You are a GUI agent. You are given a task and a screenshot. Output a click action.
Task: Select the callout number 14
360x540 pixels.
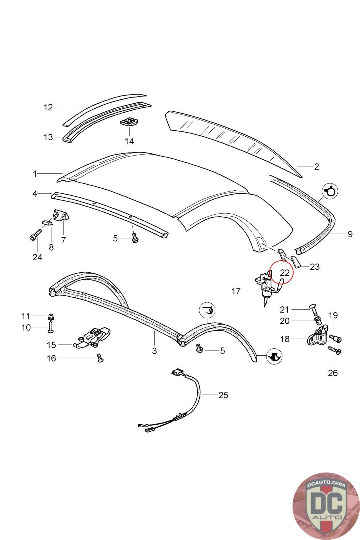click(x=129, y=141)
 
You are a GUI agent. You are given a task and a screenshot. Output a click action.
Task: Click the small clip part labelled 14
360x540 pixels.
click(x=129, y=122)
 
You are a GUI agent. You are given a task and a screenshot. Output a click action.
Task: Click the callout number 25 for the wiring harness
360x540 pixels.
click(x=223, y=395)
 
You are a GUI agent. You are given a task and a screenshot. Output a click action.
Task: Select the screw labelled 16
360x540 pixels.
click(x=100, y=358)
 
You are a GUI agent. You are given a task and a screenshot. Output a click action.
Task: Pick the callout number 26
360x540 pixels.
click(x=333, y=373)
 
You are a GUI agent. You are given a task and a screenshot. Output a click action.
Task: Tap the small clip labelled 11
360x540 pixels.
click(x=50, y=317)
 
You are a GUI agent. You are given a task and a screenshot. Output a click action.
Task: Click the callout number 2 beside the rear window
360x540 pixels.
click(x=316, y=166)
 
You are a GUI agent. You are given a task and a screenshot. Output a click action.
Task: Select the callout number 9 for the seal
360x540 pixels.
click(x=350, y=234)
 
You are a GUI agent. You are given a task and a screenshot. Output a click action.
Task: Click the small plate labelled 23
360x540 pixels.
click(x=295, y=262)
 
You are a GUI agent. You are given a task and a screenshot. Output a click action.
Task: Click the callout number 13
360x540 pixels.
click(x=48, y=137)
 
